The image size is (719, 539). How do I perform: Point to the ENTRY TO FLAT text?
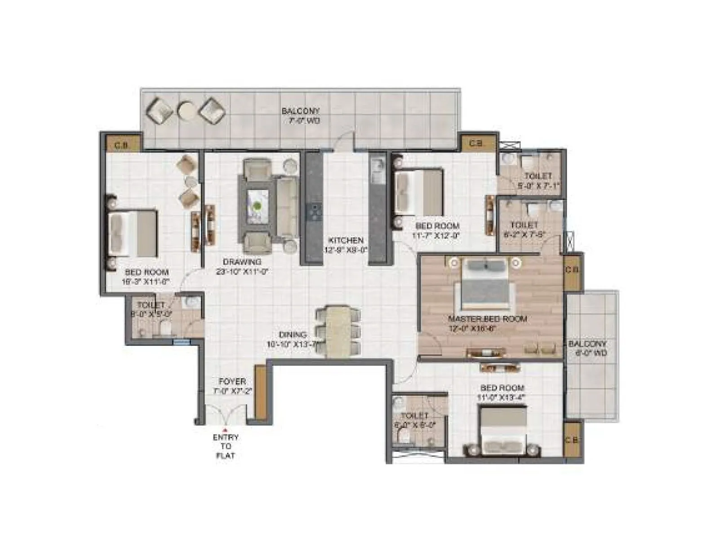tap(226, 446)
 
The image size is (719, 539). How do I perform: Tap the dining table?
tap(338, 331)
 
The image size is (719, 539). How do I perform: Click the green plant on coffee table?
tap(257, 206)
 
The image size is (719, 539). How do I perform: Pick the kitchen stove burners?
tap(314, 212)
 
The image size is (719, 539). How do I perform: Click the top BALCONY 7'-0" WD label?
tap(300, 115)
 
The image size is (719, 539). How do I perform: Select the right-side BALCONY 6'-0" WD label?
tap(587, 348)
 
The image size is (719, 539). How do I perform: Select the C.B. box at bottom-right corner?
tap(572, 441)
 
